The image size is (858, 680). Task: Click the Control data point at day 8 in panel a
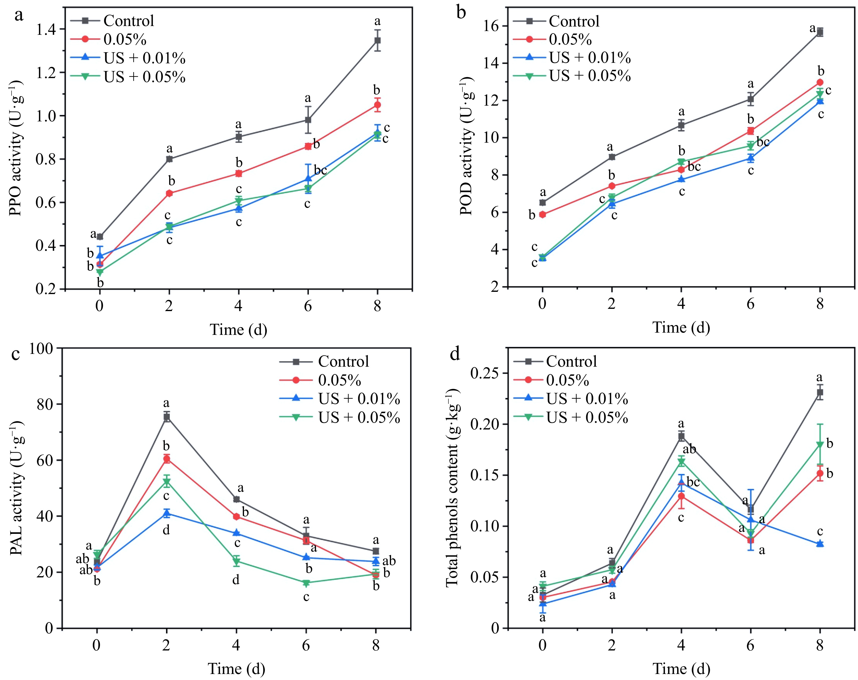(377, 41)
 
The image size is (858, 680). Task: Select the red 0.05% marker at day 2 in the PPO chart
(169, 193)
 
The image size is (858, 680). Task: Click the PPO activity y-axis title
(16, 148)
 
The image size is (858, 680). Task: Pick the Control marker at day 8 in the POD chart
(820, 32)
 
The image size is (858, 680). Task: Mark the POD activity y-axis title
(466, 146)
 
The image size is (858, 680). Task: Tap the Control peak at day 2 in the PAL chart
(166, 417)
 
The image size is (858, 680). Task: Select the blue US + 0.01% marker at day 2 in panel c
(166, 513)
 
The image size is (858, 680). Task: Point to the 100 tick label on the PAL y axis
(41, 349)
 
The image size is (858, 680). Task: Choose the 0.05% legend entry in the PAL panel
(339, 380)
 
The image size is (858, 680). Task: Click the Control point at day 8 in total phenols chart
(820, 392)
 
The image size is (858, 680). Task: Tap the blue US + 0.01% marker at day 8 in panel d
(820, 544)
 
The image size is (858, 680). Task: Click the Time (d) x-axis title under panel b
(681, 327)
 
